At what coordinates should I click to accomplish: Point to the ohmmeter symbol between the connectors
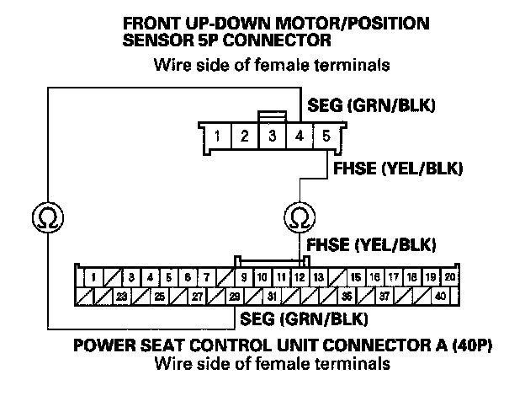click(298, 217)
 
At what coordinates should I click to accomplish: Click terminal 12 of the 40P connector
click(299, 276)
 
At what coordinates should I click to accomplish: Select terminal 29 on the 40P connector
click(234, 296)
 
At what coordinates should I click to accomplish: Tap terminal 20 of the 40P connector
click(450, 276)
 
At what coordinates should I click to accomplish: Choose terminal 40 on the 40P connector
click(440, 296)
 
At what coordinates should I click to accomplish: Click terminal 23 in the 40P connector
click(122, 296)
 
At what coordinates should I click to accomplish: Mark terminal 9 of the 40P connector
click(243, 276)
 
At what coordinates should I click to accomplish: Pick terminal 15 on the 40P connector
click(356, 276)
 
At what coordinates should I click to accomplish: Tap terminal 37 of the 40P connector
click(384, 296)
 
